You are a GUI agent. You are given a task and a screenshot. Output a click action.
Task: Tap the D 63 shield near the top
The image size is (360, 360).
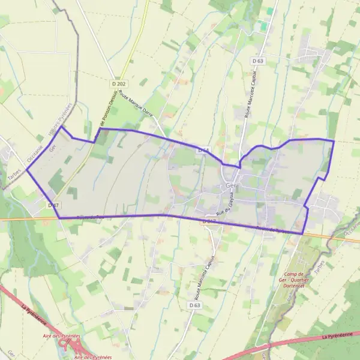click(258, 61)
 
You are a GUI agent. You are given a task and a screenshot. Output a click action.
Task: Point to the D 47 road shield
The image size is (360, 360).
click(53, 205)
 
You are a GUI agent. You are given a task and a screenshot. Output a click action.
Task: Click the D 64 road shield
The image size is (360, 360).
click(203, 150)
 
